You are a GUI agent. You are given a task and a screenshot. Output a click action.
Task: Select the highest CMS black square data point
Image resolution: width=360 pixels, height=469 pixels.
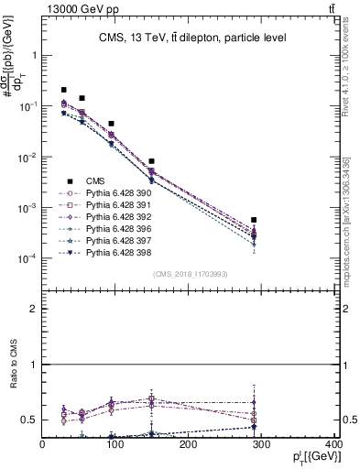(63, 90)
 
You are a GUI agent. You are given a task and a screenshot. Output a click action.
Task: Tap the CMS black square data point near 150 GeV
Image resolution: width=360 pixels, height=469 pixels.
(152, 161)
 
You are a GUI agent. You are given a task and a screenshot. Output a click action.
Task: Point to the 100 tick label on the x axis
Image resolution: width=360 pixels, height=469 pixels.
(115, 446)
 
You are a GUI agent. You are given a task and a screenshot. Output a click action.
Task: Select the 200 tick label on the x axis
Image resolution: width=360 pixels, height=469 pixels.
(189, 446)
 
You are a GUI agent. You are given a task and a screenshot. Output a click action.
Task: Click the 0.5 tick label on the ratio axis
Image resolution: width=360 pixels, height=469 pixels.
(29, 420)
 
